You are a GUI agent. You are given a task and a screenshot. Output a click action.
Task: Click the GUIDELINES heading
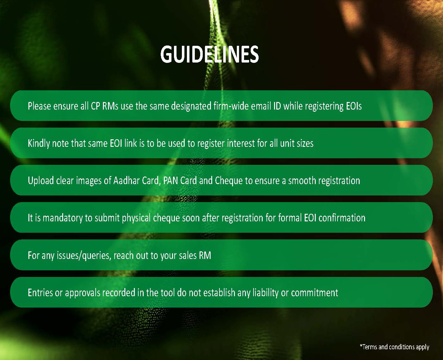(x=209, y=55)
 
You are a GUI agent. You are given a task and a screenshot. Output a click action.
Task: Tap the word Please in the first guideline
(x=39, y=106)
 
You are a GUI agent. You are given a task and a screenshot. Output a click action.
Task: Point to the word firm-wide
(x=231, y=106)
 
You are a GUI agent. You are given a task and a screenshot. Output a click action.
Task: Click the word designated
(x=191, y=106)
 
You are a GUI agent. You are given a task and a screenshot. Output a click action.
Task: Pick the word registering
(x=325, y=106)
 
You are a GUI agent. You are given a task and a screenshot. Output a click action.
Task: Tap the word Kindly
(x=39, y=143)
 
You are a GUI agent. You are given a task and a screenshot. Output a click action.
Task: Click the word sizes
(x=305, y=143)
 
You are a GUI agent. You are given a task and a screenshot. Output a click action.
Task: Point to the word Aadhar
(x=126, y=181)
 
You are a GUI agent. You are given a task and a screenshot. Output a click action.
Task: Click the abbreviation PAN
(x=171, y=181)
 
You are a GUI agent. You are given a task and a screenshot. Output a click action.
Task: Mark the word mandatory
(x=63, y=218)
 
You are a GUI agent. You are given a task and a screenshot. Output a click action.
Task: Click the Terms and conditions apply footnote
(x=394, y=347)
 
